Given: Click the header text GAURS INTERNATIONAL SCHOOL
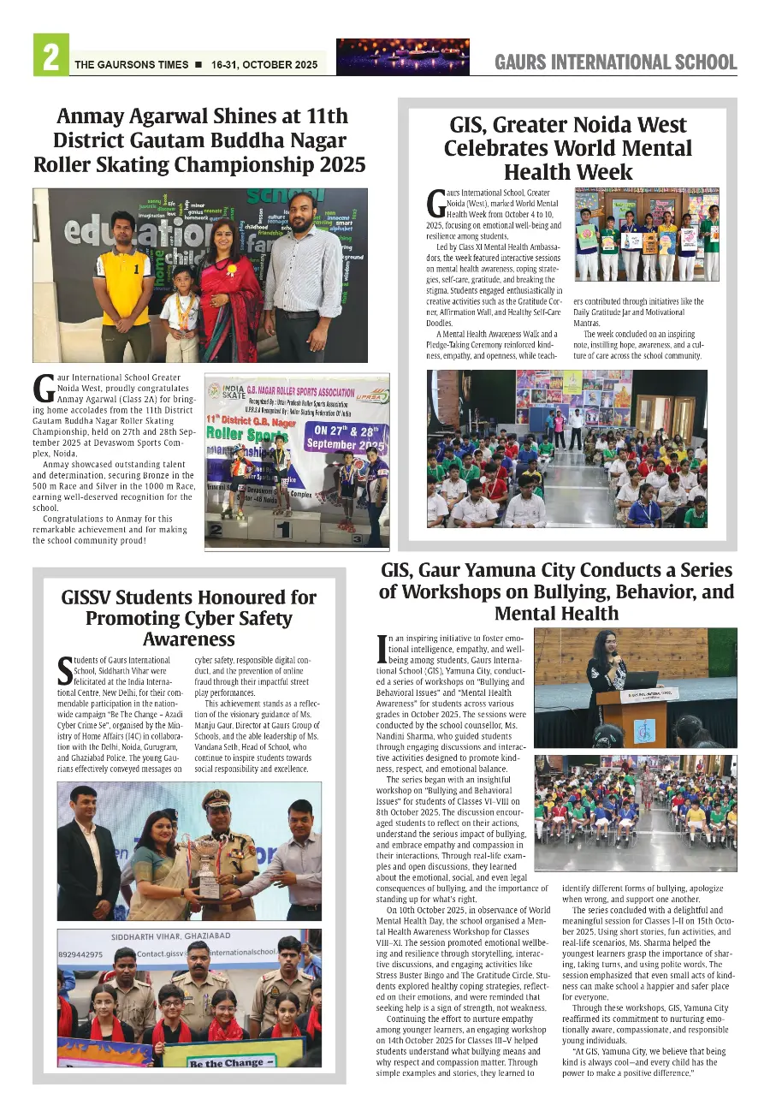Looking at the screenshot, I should (x=615, y=62).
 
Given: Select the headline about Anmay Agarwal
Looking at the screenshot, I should (x=199, y=140).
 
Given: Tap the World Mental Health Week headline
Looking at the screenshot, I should (x=567, y=148).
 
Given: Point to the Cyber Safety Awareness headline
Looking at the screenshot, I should (x=189, y=618).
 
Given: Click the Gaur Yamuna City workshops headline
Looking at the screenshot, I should (x=556, y=591).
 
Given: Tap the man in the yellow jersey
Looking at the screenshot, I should (x=124, y=282).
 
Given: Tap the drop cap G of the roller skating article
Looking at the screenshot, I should (x=44, y=388).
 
